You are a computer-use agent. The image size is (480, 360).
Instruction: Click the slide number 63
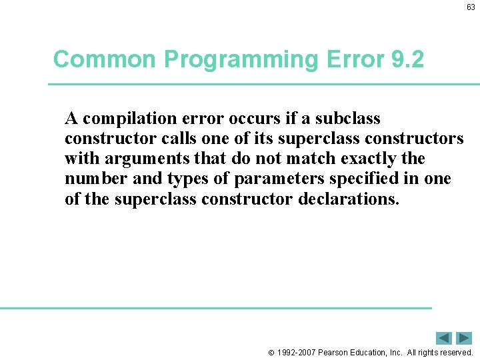[471, 8]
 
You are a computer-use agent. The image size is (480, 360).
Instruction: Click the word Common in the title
[105, 59]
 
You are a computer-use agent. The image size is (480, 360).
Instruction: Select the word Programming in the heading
[241, 59]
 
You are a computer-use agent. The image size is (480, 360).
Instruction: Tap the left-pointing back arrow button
[444, 338]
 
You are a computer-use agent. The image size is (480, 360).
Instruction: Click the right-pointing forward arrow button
[464, 338]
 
